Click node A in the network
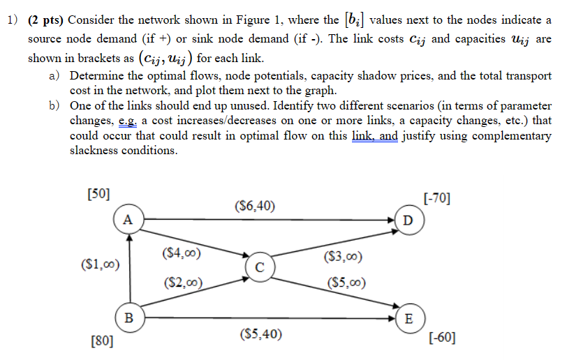[127, 219]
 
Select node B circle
[127, 317]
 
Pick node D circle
[408, 219]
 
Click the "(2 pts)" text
[47, 20]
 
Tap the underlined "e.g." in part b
[129, 120]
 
